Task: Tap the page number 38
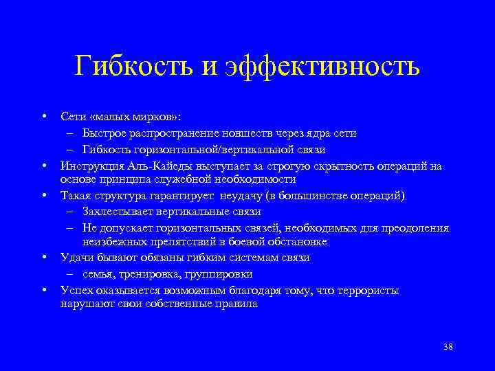(448, 346)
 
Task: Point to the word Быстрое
(104, 133)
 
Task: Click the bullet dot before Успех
(43, 290)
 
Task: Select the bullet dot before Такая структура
(43, 196)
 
